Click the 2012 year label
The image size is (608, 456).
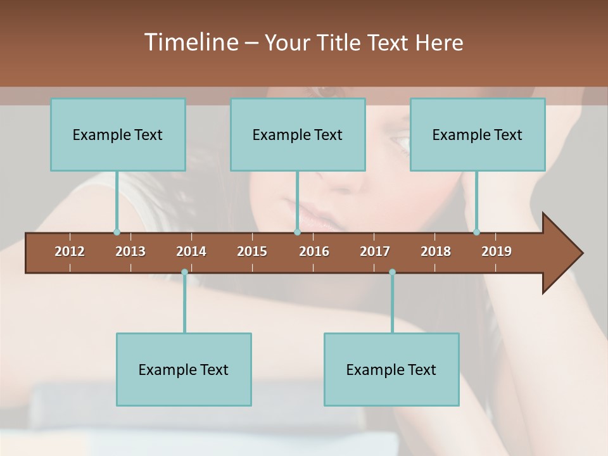click(x=70, y=251)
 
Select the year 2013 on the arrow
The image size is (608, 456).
click(x=130, y=251)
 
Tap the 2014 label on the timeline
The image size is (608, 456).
click(x=191, y=251)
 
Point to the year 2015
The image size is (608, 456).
click(x=252, y=251)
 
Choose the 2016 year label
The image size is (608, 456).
click(x=314, y=251)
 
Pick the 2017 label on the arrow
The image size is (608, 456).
click(x=375, y=251)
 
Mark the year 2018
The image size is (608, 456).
click(x=436, y=251)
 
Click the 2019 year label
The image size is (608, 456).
click(x=497, y=251)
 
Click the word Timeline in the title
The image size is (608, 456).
click(x=190, y=42)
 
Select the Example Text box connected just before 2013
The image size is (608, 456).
click(x=118, y=134)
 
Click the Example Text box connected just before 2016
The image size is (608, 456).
click(x=298, y=134)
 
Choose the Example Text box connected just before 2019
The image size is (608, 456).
click(x=478, y=134)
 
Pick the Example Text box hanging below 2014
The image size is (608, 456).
click(x=184, y=369)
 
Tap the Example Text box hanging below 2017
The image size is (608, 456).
click(x=391, y=369)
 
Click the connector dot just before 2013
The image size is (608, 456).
click(x=117, y=232)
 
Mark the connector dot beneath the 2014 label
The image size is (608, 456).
click(x=184, y=272)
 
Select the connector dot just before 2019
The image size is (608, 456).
click(x=476, y=232)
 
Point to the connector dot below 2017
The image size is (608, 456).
click(x=392, y=272)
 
